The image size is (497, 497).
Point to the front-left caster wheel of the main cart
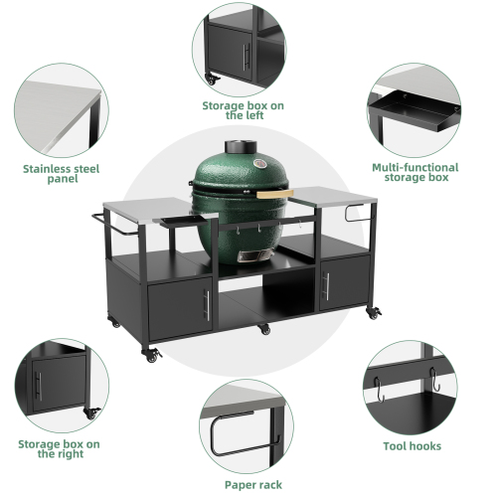click(153, 354)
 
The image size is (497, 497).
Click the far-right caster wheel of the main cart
click(376, 314)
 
